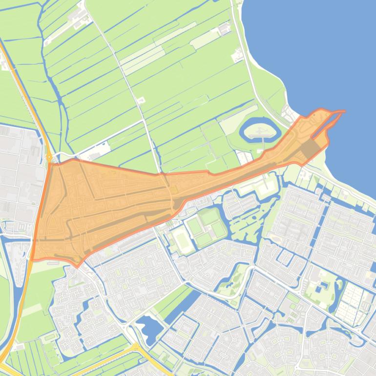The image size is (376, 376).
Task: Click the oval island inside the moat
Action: click(x=260, y=129)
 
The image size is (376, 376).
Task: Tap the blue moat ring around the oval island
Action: click(x=243, y=130)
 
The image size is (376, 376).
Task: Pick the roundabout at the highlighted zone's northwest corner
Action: click(x=49, y=157)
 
